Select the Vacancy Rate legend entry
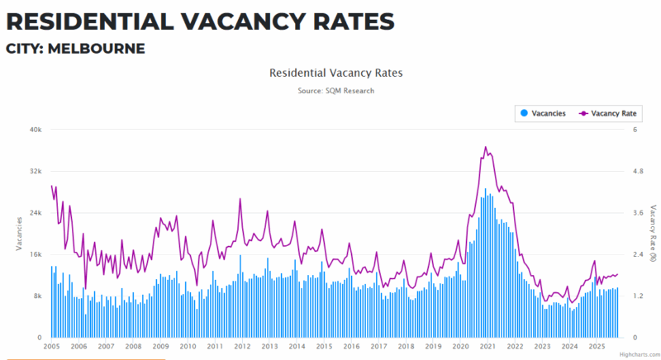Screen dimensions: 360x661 coord(612,113)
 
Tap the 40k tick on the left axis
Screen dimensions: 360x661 coord(36,130)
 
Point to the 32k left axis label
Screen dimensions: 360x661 coord(36,171)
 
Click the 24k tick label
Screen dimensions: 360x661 coord(36,213)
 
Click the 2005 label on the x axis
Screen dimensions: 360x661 coord(51,347)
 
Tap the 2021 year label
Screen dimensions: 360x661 coord(487,347)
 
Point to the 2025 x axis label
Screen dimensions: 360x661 coord(596,347)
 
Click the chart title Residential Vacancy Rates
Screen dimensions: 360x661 coord(335,73)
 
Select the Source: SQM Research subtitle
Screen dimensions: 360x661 coord(335,90)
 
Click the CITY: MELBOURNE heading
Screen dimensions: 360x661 coord(75,49)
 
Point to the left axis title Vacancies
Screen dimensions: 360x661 coord(19,233)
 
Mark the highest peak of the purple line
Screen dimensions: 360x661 coord(486,147)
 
